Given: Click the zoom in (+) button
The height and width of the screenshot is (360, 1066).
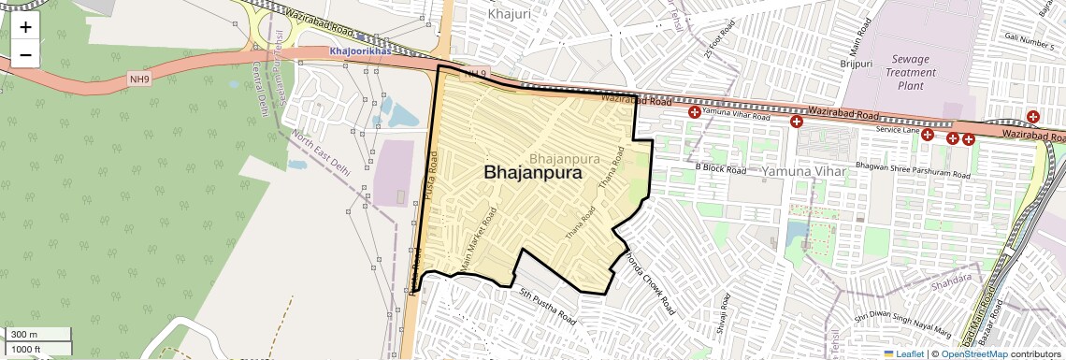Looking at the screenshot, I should [x=25, y=27].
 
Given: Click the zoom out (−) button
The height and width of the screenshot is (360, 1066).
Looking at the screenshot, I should [x=25, y=55].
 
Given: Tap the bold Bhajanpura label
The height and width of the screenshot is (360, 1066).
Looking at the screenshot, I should [x=533, y=173].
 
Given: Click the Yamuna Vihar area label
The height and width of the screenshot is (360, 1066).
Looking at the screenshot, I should [x=803, y=172].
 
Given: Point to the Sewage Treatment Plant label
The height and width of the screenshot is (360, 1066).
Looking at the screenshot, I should [x=911, y=72].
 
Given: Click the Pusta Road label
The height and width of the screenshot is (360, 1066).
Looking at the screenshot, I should [x=432, y=174].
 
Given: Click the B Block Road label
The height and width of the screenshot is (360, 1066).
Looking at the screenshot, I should [x=720, y=169].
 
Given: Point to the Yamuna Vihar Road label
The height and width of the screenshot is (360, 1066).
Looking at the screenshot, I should [x=736, y=116].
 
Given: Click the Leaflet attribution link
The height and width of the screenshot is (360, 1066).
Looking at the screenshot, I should [x=902, y=353].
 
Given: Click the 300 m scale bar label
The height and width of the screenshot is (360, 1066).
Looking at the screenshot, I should [x=24, y=334].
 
